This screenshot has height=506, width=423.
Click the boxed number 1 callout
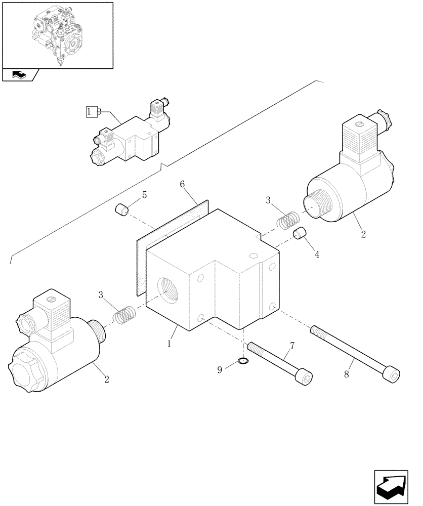[91, 111]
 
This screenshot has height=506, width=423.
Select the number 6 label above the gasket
[183, 185]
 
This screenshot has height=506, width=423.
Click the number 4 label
[317, 255]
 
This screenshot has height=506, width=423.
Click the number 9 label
[220, 370]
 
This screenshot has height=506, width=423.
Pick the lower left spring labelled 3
[123, 315]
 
